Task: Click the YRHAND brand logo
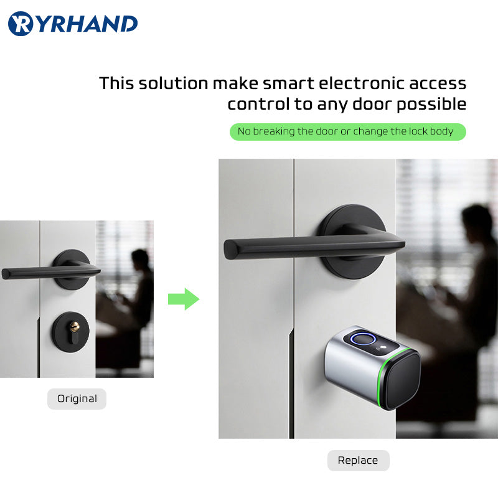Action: click(73, 24)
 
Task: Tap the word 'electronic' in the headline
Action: click(353, 83)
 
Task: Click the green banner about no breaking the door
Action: click(347, 132)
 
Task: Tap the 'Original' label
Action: click(77, 399)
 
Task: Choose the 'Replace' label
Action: click(358, 461)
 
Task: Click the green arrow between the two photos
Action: click(183, 299)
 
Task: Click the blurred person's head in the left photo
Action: click(141, 259)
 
